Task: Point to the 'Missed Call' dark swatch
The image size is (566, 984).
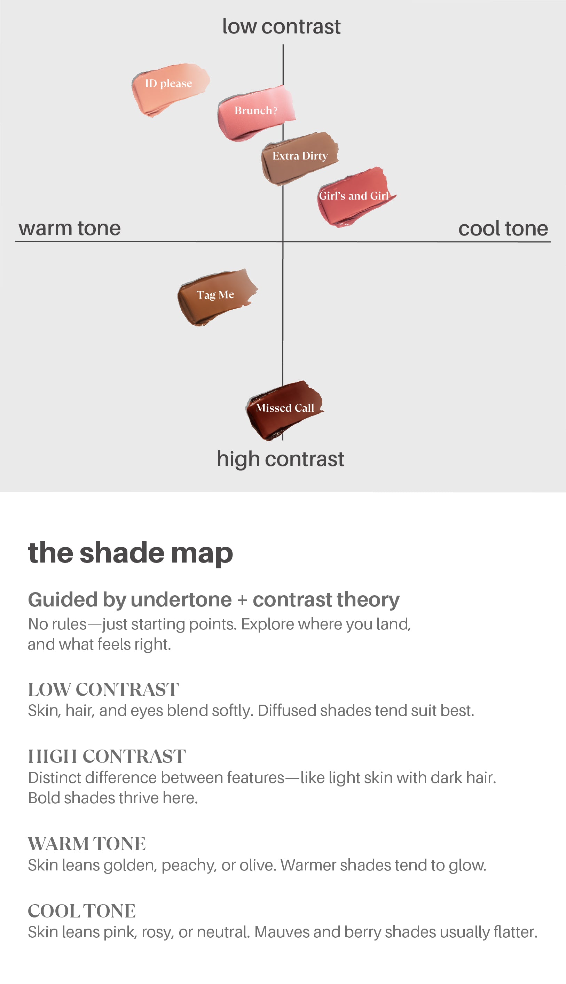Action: coord(284,408)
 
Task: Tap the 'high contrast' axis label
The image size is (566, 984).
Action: coord(280,459)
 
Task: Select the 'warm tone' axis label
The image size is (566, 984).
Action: coord(70,228)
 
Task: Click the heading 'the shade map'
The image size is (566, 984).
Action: coord(130,553)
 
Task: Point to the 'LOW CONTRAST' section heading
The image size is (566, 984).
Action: coord(103,690)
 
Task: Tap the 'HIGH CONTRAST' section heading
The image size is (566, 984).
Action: coord(107,757)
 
